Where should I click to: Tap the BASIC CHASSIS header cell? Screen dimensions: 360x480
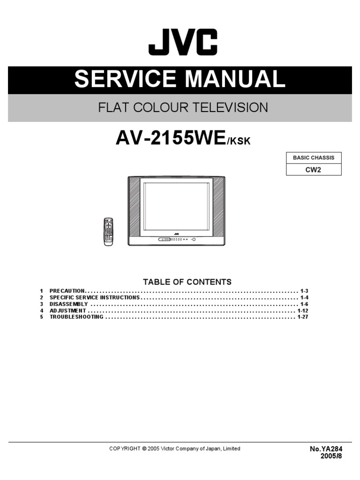point(314,158)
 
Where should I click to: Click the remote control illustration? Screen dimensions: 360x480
point(108,231)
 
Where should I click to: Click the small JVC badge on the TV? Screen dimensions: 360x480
point(177,233)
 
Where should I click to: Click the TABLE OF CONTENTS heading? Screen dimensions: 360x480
point(187,282)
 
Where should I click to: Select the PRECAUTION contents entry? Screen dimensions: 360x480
point(67,291)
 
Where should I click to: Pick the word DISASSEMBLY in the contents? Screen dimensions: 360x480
point(68,304)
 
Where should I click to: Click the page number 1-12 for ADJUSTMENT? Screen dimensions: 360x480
point(303,311)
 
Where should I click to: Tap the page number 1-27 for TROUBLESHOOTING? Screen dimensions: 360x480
point(303,317)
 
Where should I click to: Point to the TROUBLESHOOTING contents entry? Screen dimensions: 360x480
point(76,317)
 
